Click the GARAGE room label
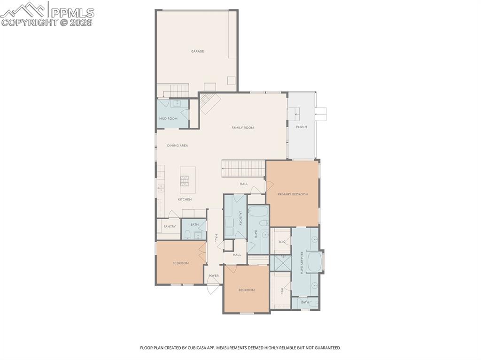tap(197, 51)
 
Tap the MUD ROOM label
tap(168, 118)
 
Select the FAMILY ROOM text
tap(242, 128)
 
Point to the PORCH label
tap(301, 127)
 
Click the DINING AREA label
tap(178, 146)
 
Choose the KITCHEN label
tap(185, 199)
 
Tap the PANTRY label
tap(170, 227)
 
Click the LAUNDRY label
tap(240, 218)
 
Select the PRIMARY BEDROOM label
tap(293, 194)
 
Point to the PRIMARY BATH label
tap(302, 263)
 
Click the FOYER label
tap(214, 276)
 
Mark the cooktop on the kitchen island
tap(185, 178)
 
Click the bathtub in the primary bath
tap(314, 261)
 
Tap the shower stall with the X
tap(280, 263)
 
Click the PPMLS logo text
tap(72, 13)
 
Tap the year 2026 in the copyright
tap(82, 22)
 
